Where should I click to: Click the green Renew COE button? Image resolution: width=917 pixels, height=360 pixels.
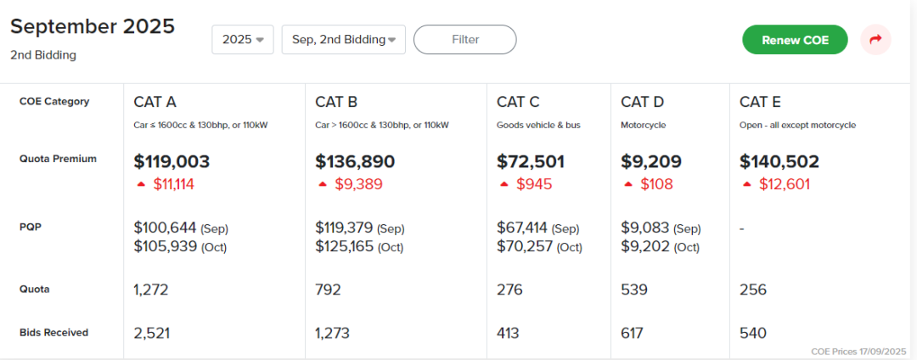[x=794, y=40]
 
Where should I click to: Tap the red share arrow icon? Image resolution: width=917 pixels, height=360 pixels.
[x=875, y=40]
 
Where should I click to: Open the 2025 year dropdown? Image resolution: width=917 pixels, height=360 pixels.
[x=242, y=39]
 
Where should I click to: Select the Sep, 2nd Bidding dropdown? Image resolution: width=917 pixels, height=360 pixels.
[x=343, y=39]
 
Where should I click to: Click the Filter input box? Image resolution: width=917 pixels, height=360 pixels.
[x=465, y=39]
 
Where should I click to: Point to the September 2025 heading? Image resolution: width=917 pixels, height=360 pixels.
[x=93, y=26]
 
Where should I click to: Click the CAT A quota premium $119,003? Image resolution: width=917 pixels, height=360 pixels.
[x=172, y=161]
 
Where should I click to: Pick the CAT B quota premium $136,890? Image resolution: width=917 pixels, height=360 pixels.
[x=355, y=161]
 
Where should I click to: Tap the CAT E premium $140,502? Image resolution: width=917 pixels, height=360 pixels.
[x=779, y=161]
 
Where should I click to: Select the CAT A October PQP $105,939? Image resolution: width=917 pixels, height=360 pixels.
[x=166, y=246]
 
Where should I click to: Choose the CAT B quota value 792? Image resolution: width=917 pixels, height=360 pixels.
[x=328, y=290]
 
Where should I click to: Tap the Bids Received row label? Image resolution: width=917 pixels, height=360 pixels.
[x=53, y=333]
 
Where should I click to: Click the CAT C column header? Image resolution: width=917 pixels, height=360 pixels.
[x=518, y=102]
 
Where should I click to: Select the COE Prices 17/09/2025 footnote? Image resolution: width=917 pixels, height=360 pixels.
[x=858, y=351]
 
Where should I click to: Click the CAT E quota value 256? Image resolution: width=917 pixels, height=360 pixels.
[x=753, y=290]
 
